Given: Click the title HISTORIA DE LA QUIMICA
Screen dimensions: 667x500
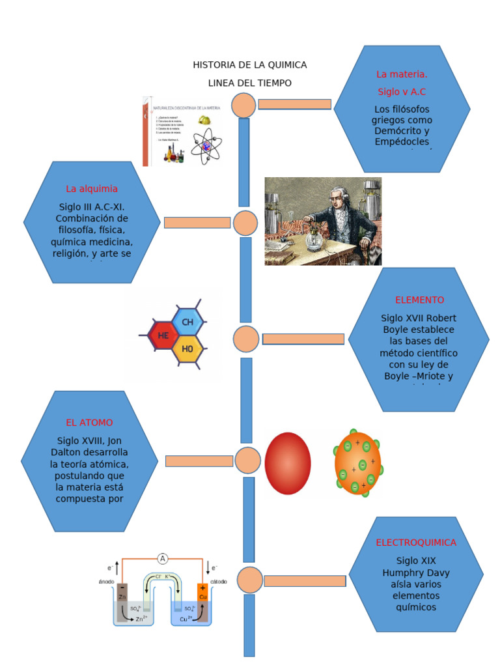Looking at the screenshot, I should [x=250, y=65].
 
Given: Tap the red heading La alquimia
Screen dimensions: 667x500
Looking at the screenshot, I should [x=92, y=189].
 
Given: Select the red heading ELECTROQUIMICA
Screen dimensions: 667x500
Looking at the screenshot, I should [x=416, y=543].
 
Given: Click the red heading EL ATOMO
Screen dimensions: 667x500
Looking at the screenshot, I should [x=89, y=422].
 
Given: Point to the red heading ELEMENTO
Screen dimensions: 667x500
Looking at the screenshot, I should [x=419, y=300].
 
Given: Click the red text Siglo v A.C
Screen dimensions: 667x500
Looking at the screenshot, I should [x=402, y=92].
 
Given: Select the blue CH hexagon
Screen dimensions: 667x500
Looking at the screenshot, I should [x=187, y=322].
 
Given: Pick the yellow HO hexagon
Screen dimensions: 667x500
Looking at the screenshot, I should [x=187, y=349].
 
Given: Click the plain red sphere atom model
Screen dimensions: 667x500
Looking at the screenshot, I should [x=288, y=463].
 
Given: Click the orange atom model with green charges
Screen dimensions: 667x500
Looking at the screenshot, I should [x=358, y=464].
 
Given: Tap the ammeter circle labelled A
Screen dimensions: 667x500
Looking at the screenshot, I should [x=163, y=558].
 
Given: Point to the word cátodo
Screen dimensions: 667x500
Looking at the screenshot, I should [x=219, y=581].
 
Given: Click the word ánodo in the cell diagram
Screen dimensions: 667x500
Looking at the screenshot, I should [x=106, y=581].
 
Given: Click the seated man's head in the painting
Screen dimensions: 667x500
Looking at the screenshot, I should [x=337, y=197].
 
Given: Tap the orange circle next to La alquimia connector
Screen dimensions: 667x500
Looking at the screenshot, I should [x=245, y=223].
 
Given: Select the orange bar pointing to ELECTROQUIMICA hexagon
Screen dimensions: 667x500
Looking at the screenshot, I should [x=305, y=581].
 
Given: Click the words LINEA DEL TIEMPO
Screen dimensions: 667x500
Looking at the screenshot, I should [x=250, y=83].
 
